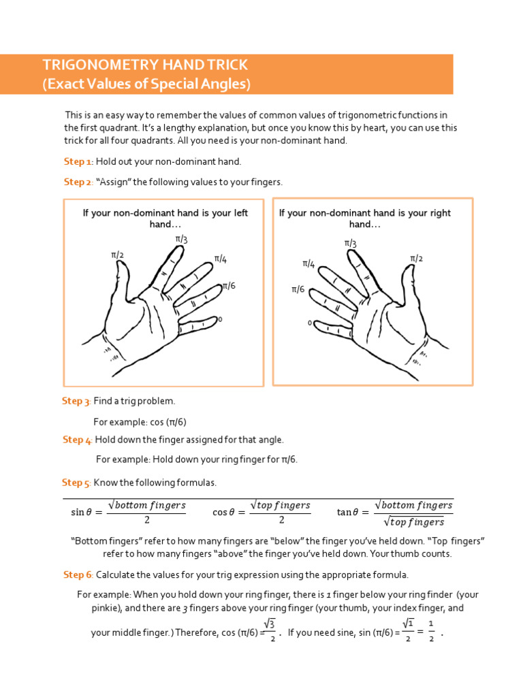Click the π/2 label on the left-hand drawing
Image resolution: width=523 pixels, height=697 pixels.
(x=118, y=255)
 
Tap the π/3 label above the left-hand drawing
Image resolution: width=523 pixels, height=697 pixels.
(x=181, y=239)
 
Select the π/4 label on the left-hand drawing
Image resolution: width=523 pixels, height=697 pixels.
(x=221, y=259)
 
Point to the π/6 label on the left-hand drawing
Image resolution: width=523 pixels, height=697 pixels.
(x=229, y=287)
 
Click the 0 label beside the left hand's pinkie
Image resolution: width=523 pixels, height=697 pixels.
(x=220, y=319)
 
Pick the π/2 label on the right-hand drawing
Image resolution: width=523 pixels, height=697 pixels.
(x=416, y=258)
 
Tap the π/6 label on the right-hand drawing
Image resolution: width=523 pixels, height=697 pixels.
(x=298, y=289)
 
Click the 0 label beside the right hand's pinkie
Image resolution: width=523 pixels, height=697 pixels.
(x=309, y=323)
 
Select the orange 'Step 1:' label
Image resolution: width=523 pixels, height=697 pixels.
(x=78, y=161)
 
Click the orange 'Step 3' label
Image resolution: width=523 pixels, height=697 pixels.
(x=76, y=401)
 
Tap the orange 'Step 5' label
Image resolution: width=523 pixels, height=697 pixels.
(x=76, y=483)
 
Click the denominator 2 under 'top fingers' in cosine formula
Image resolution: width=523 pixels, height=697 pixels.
(x=281, y=520)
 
